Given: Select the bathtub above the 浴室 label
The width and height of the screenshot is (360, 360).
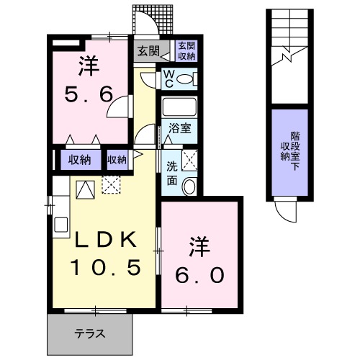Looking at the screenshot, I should [179, 107].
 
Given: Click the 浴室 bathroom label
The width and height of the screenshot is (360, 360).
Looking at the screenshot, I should [179, 130].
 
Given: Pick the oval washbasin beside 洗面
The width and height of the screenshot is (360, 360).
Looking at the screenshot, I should [189, 186].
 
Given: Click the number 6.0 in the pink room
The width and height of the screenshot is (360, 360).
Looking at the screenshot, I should [201, 274].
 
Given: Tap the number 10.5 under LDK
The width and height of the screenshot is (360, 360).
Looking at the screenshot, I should [103, 269].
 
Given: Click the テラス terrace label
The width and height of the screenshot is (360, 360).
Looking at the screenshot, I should [91, 333].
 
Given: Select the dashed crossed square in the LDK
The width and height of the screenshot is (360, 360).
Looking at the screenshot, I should [112, 186].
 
